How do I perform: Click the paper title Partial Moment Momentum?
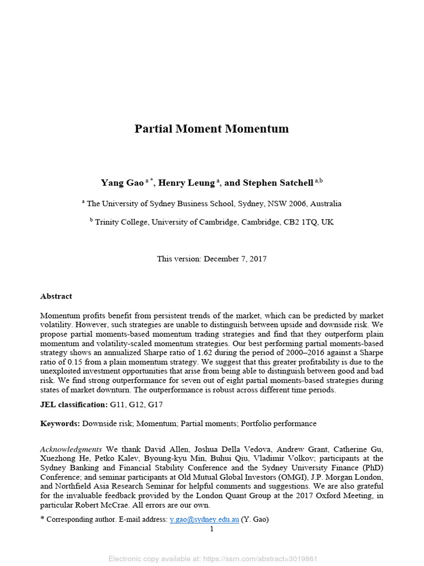[x=211, y=129]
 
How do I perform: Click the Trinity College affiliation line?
[x=211, y=222]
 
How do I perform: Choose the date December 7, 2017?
[x=235, y=259]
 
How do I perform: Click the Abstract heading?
[x=56, y=296]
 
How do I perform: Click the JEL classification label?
[x=73, y=405]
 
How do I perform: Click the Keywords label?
[x=60, y=423]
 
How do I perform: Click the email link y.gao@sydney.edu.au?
[x=204, y=520]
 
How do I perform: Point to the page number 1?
[x=211, y=529]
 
